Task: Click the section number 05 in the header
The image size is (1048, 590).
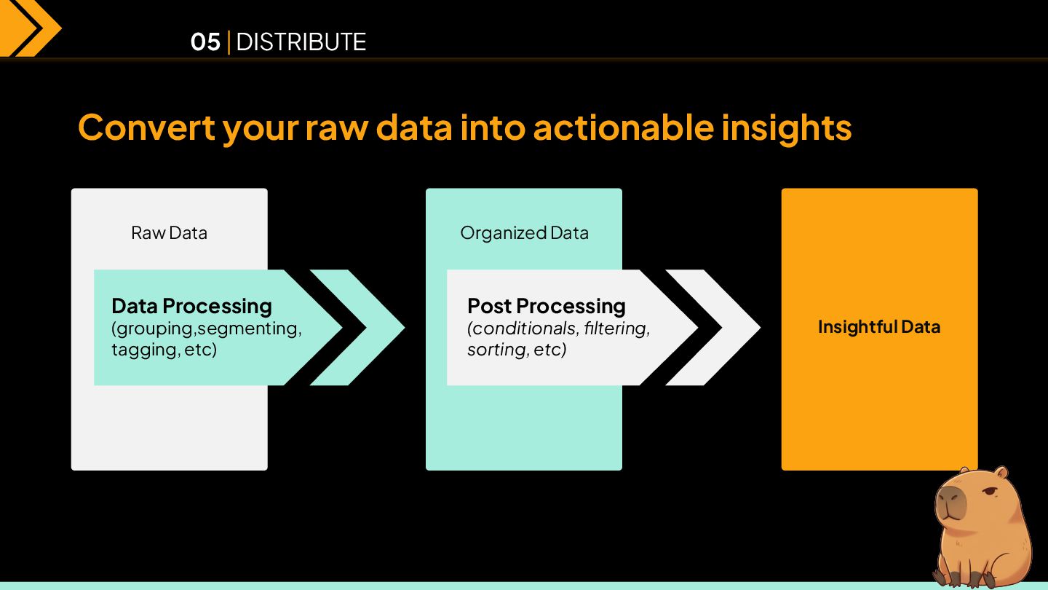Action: pyautogui.click(x=205, y=42)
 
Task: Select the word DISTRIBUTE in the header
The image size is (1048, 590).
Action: pyautogui.click(x=301, y=42)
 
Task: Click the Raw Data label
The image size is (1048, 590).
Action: pyautogui.click(x=169, y=233)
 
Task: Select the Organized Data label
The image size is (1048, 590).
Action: pyautogui.click(x=524, y=233)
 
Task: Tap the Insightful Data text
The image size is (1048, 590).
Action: pyautogui.click(x=879, y=327)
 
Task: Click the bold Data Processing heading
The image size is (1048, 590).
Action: pyautogui.click(x=191, y=306)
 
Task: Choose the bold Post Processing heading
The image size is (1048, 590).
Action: pyautogui.click(x=546, y=306)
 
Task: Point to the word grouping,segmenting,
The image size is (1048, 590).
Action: pyautogui.click(x=207, y=329)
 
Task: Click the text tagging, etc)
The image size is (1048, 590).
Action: pyautogui.click(x=164, y=350)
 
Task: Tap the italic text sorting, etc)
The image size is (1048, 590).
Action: pyautogui.click(x=517, y=350)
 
